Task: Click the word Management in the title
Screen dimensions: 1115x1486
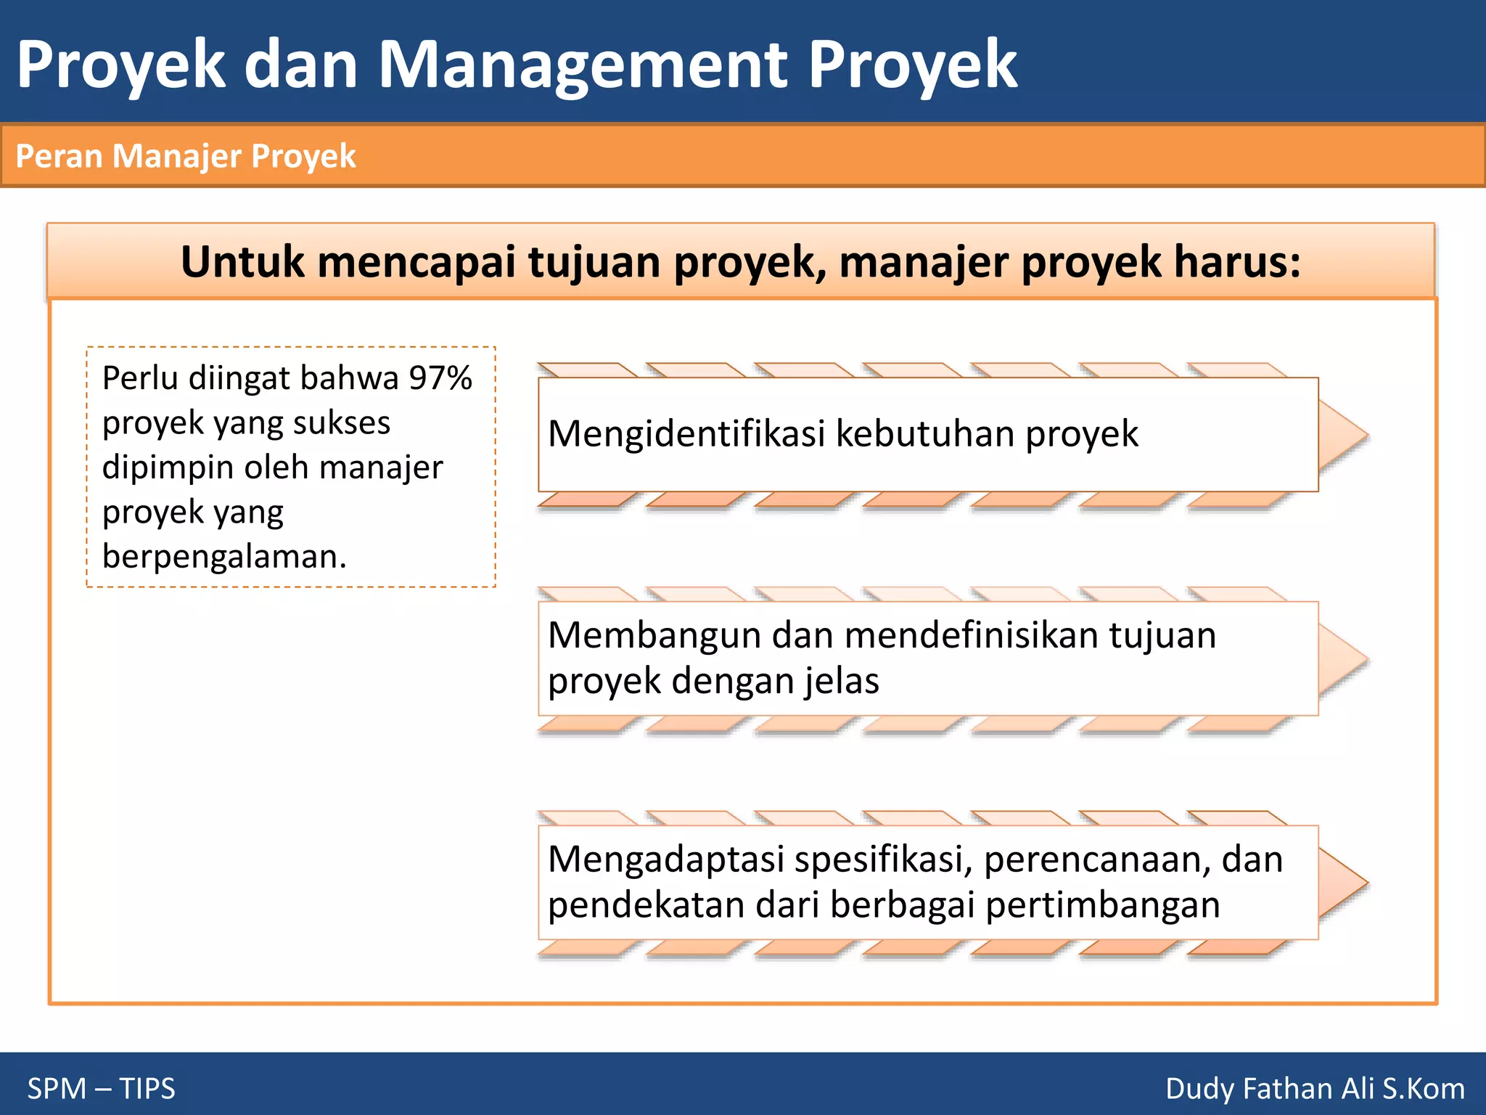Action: tap(583, 65)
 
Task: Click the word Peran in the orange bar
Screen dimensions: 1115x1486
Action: tap(59, 156)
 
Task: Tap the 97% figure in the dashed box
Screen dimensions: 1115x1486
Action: tap(440, 378)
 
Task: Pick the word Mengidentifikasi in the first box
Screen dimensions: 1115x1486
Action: tap(686, 434)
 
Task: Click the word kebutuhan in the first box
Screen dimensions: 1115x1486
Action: tap(924, 434)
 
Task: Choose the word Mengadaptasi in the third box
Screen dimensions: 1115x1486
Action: tap(666, 859)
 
